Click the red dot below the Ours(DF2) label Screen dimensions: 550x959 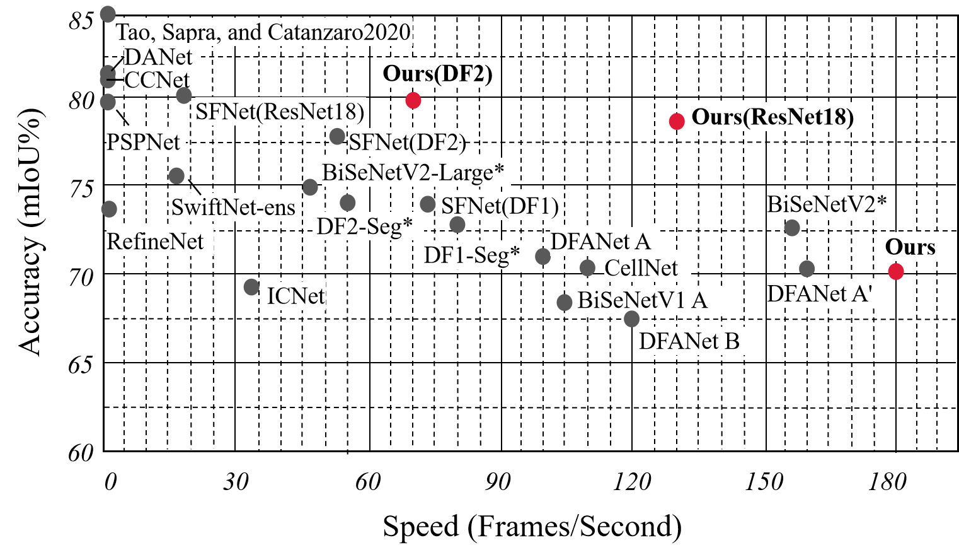click(x=413, y=100)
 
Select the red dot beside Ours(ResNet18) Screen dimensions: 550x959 click(x=677, y=121)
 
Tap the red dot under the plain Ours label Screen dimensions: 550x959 click(x=896, y=271)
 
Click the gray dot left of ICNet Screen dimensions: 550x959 click(x=251, y=287)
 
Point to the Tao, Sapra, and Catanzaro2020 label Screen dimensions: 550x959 click(x=263, y=32)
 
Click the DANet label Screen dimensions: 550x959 click(x=158, y=57)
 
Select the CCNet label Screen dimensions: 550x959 click(x=157, y=80)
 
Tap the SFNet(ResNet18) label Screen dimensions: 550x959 click(x=280, y=112)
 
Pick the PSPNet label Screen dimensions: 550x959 click(x=144, y=142)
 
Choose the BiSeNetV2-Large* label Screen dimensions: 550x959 click(x=413, y=172)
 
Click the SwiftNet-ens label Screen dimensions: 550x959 click(x=234, y=207)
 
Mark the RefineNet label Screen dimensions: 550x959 click(x=156, y=242)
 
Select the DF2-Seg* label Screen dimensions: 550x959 click(x=365, y=226)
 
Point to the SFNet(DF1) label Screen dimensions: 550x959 click(x=499, y=206)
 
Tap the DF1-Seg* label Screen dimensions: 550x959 click(x=472, y=255)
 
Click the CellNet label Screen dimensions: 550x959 click(x=641, y=268)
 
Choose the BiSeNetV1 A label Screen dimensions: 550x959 click(x=643, y=300)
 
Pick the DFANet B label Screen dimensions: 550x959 click(x=689, y=341)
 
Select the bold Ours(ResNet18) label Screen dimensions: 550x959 click(x=773, y=117)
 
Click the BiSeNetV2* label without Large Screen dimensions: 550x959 click(x=827, y=204)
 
